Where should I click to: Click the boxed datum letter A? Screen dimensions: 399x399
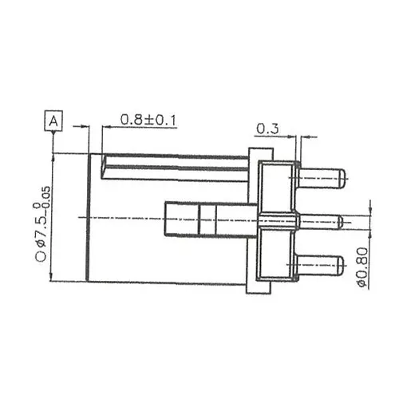(53, 121)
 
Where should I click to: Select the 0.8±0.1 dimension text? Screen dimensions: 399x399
(149, 120)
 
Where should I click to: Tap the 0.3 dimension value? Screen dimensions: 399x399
(266, 128)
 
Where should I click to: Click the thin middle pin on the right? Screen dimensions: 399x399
(319, 220)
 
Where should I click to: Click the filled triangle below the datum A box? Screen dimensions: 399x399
(53, 136)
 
